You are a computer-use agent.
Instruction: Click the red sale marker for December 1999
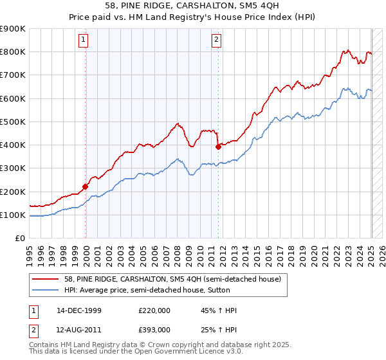tap(85, 187)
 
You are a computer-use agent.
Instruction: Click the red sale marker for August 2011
tap(218, 147)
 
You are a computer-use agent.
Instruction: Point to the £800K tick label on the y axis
tap(13, 51)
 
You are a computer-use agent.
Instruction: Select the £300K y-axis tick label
tap(13, 168)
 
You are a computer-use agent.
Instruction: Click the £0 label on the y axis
tap(20, 239)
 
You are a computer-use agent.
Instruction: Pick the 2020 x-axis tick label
tap(314, 251)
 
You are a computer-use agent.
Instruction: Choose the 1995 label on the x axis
tap(30, 251)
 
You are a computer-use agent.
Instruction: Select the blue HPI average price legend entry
tap(149, 291)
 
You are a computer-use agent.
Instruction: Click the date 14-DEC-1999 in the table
tap(79, 310)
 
